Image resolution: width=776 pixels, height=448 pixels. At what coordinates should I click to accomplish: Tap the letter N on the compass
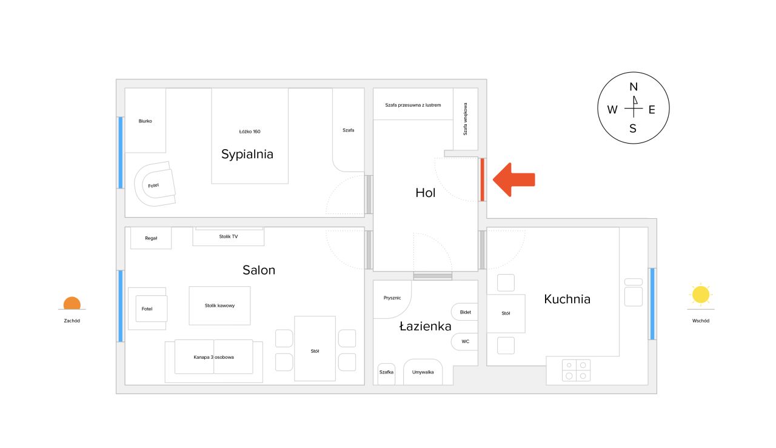[634, 87]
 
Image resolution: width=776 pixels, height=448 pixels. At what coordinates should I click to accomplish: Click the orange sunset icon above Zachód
[72, 303]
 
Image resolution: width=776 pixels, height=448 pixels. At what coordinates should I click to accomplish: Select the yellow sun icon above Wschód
[701, 295]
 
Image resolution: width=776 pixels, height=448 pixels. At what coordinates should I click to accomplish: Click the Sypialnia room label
[247, 154]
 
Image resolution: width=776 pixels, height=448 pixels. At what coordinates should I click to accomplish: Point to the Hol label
[425, 193]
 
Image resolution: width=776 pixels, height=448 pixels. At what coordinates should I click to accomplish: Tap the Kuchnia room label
[567, 299]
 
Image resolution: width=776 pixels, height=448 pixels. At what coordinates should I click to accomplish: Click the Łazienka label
[425, 326]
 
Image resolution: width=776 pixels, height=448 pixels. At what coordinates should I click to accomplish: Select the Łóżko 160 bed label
[249, 132]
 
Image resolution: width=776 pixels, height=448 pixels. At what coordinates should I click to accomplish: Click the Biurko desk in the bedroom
[145, 120]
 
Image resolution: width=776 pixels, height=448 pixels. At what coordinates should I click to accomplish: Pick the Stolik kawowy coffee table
[219, 306]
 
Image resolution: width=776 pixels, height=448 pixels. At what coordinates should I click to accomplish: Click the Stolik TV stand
[229, 236]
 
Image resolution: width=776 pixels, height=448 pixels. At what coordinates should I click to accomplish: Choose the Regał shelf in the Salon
[151, 238]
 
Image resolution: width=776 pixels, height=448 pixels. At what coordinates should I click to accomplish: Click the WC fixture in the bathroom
[465, 342]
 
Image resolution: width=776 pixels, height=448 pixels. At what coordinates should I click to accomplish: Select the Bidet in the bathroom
[465, 312]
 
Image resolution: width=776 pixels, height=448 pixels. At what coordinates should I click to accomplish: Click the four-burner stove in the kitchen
[576, 370]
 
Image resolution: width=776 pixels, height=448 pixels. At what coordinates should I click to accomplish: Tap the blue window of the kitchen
[652, 304]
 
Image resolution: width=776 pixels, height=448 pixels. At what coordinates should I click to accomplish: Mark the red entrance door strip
[482, 179]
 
